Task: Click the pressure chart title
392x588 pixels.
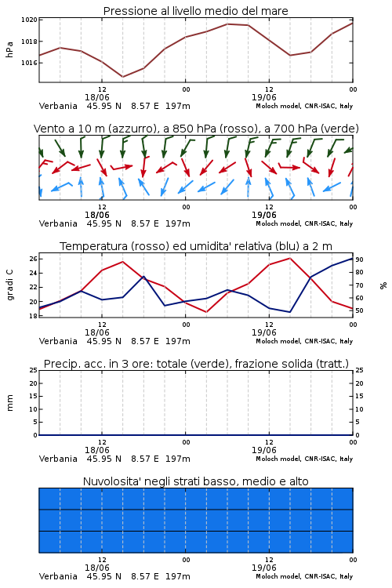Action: coord(196,11)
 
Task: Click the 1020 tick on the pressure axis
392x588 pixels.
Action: coord(29,20)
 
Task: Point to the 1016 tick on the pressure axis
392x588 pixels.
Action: coord(29,63)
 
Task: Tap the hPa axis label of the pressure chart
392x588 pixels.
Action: coord(9,49)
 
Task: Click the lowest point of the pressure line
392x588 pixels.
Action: coord(122,77)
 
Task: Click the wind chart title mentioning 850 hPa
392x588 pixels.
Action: coord(196,129)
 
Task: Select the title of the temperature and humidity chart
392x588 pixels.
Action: coord(196,246)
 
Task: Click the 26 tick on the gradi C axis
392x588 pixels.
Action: coord(34,259)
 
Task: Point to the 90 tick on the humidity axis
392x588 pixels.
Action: coord(359,260)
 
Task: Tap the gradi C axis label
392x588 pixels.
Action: coord(9,285)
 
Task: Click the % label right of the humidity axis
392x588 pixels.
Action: coord(383,285)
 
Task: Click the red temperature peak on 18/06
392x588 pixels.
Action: coord(122,262)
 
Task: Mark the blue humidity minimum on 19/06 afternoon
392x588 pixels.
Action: coord(289,312)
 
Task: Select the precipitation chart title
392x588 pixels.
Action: coord(196,364)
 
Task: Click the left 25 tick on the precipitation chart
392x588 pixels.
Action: coord(34,370)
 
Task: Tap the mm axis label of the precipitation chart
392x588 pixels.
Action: coord(9,403)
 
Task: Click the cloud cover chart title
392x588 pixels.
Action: coord(196,481)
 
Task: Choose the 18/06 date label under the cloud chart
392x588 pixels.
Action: coord(97,568)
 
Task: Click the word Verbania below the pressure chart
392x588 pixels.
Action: coord(58,106)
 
